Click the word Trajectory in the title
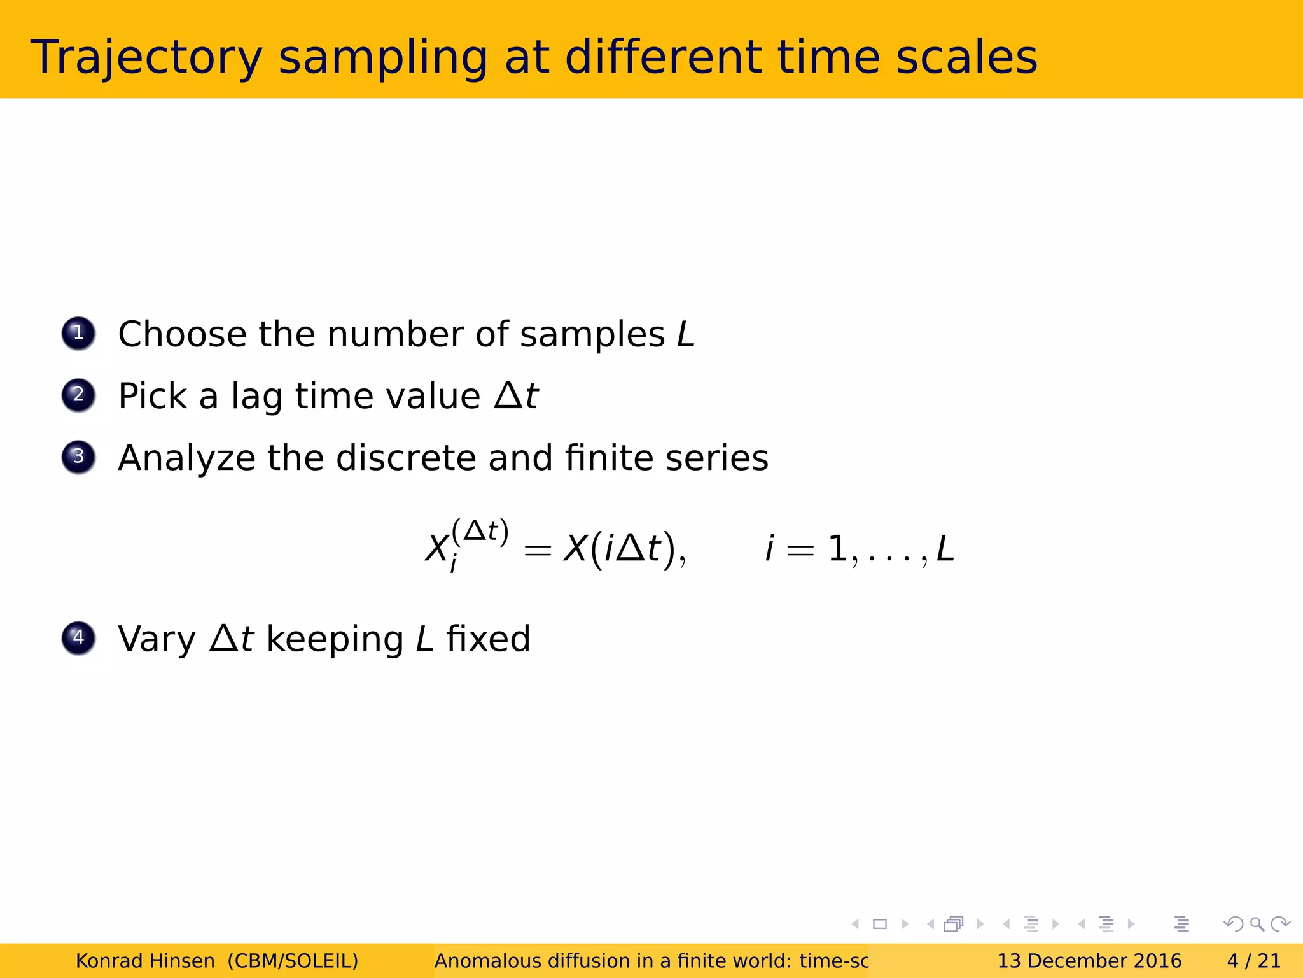146,59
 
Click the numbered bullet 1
78,333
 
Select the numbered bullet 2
78,395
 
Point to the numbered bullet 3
78,457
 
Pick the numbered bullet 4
78,637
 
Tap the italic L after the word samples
685,334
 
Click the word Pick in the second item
153,396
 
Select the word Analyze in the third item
186,458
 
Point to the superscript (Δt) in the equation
480,532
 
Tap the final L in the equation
945,549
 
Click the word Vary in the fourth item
157,639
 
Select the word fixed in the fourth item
488,639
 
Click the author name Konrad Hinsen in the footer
145,961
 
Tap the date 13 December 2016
1089,961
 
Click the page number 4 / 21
1253,961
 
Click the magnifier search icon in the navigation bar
1257,924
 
